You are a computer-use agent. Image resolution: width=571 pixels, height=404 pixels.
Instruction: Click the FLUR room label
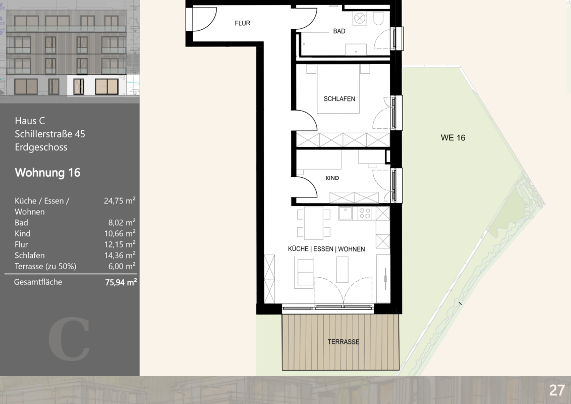tap(243, 23)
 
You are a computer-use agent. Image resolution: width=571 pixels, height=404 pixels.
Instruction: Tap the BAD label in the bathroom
tap(339, 31)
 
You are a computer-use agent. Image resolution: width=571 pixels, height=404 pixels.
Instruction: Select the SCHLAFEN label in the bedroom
tap(339, 99)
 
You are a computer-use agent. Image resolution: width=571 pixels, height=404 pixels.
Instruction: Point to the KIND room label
tap(332, 178)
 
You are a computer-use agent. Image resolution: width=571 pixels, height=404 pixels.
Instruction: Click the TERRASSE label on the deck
tap(344, 342)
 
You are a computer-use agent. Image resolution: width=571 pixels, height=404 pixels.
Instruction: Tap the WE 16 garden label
tap(453, 138)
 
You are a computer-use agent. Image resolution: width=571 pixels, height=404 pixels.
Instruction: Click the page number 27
tap(557, 390)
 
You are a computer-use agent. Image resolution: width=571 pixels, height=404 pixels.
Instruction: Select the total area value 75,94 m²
tap(121, 282)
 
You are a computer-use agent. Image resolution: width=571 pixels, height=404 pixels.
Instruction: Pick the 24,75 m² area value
tap(120, 200)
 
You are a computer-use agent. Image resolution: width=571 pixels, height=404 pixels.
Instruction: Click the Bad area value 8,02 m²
tap(122, 222)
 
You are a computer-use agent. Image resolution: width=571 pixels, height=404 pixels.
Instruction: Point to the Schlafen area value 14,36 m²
tap(120, 255)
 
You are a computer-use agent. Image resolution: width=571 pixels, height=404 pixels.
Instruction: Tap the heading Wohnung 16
tap(47, 173)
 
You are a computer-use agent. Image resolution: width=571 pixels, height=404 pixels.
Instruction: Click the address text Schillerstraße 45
tap(50, 134)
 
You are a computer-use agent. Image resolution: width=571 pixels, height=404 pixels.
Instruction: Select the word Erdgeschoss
tap(41, 147)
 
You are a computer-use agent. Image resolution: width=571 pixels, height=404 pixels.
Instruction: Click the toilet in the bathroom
tap(378, 18)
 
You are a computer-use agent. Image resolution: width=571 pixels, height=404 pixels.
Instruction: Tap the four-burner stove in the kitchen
tap(365, 213)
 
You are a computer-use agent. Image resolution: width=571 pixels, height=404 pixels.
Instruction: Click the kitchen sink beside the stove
tap(346, 213)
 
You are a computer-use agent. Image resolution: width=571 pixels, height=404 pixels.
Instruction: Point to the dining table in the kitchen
tap(314, 223)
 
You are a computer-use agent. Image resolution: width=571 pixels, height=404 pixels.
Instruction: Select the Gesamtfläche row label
tap(38, 282)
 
